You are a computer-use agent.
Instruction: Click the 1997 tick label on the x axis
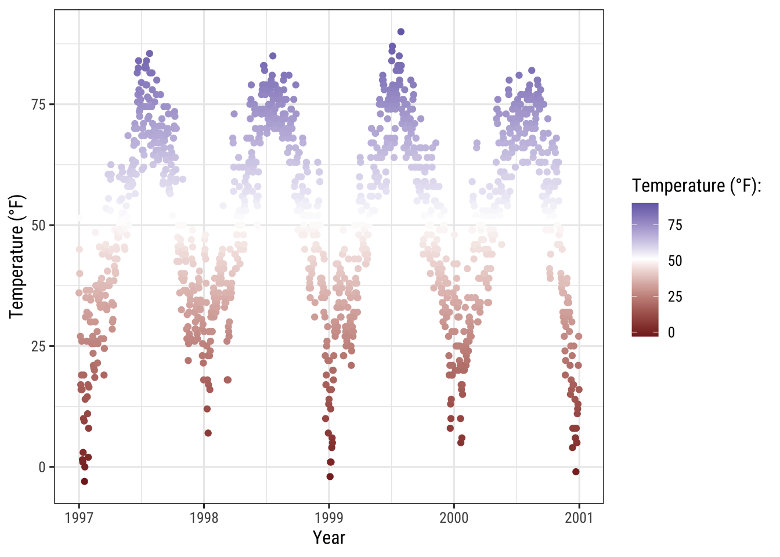pyautogui.click(x=79, y=518)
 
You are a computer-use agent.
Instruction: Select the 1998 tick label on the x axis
pyautogui.click(x=204, y=518)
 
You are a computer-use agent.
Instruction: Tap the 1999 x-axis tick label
pyautogui.click(x=329, y=518)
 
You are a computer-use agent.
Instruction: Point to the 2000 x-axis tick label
pyautogui.click(x=454, y=518)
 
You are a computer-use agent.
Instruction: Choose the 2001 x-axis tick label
pyautogui.click(x=579, y=518)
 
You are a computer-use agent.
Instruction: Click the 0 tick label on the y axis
pyautogui.click(x=42, y=467)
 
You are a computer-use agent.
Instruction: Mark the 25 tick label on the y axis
pyautogui.click(x=39, y=346)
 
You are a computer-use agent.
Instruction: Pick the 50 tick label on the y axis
pyautogui.click(x=39, y=225)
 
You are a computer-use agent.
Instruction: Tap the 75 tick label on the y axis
pyautogui.click(x=39, y=104)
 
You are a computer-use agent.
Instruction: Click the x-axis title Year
pyautogui.click(x=329, y=538)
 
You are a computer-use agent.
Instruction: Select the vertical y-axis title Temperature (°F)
pyautogui.click(x=17, y=256)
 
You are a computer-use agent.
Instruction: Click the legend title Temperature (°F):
pyautogui.click(x=696, y=186)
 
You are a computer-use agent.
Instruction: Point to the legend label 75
pyautogui.click(x=675, y=225)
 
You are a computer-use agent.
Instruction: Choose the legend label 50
pyautogui.click(x=675, y=261)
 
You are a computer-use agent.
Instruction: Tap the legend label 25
pyautogui.click(x=675, y=297)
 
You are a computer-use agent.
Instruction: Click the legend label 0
pyautogui.click(x=671, y=332)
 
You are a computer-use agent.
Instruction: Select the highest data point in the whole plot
pyautogui.click(x=401, y=32)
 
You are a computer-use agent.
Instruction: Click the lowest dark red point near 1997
pyautogui.click(x=85, y=482)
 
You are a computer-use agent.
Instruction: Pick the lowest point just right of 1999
pyautogui.click(x=330, y=477)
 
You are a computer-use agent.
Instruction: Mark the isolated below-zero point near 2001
pyautogui.click(x=576, y=472)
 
